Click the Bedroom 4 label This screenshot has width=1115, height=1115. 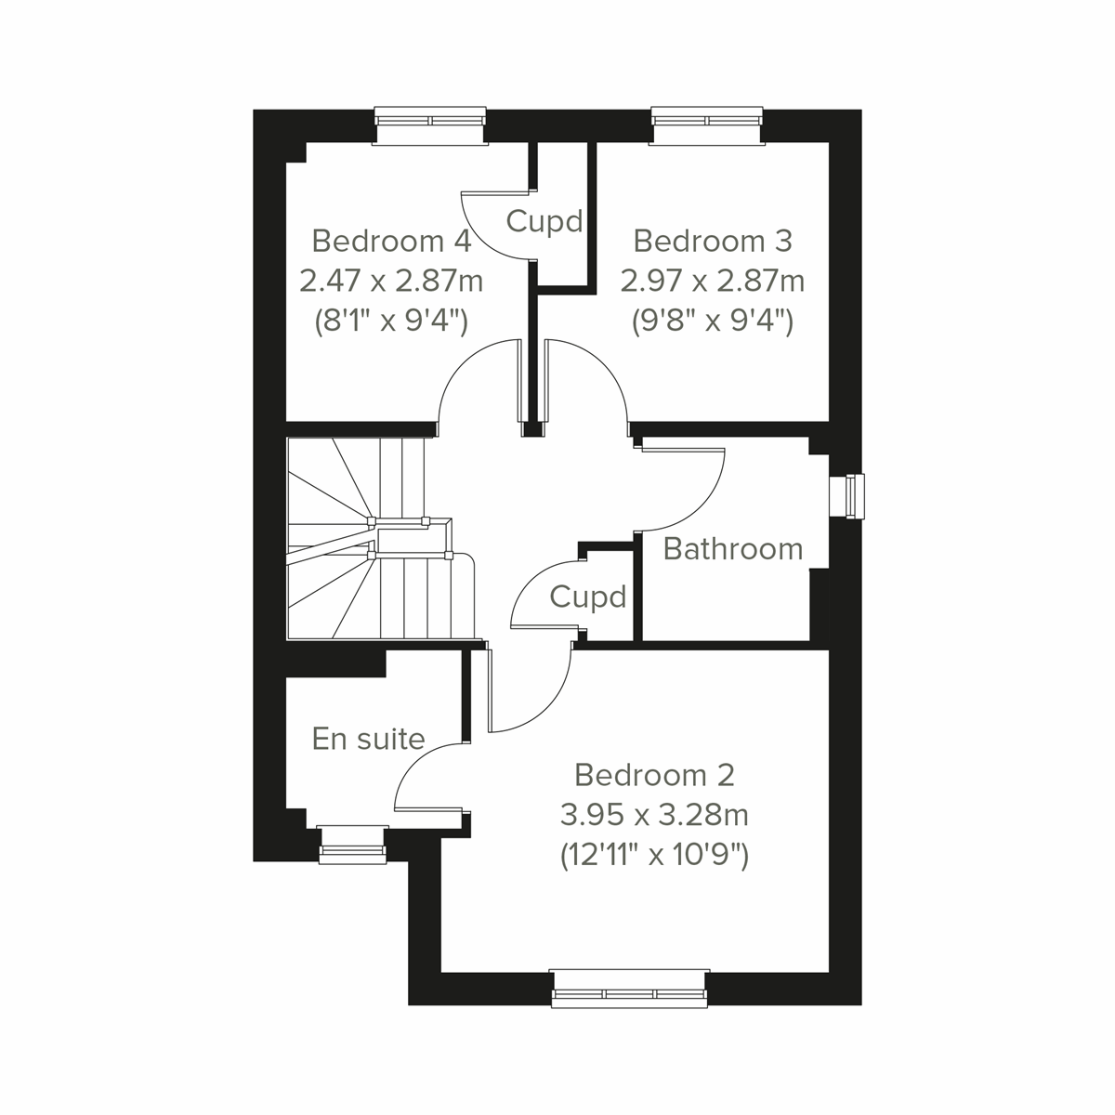[391, 241]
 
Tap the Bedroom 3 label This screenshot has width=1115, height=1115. [713, 241]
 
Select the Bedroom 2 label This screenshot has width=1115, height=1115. [654, 774]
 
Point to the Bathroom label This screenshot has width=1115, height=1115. [733, 548]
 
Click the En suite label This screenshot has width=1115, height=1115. [368, 739]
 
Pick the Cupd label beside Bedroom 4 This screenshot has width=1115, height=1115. [544, 221]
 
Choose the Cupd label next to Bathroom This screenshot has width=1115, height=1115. [588, 597]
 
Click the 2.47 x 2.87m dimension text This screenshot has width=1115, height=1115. [391, 280]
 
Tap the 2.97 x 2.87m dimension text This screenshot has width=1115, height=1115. [713, 280]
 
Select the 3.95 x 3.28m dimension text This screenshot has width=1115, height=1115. [654, 815]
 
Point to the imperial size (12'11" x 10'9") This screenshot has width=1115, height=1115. [654, 854]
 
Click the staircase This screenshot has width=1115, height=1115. [372, 539]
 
